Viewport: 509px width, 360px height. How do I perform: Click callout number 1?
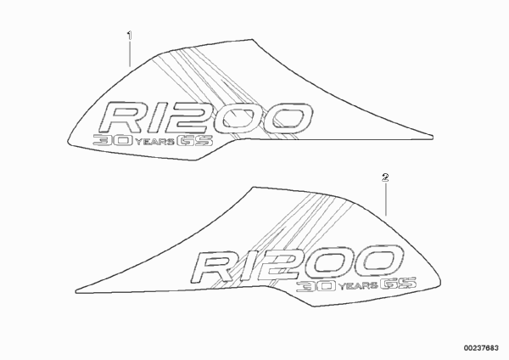click(130, 35)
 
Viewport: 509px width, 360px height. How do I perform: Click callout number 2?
click(385, 177)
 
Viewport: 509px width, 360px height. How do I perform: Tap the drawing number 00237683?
click(481, 348)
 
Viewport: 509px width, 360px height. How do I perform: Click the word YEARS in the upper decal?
click(154, 142)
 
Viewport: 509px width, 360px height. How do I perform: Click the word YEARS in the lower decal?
click(358, 286)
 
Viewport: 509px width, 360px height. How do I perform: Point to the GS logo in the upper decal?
click(195, 140)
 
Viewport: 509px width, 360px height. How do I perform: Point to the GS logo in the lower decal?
click(399, 284)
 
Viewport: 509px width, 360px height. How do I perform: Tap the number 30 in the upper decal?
click(113, 140)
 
